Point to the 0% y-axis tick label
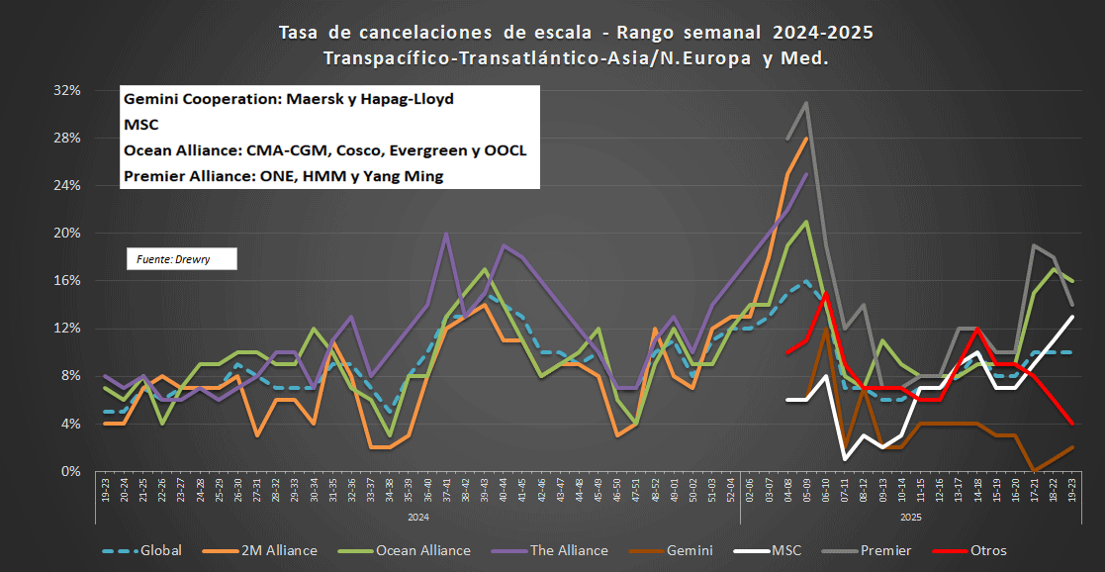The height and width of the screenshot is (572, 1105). pyautogui.click(x=70, y=471)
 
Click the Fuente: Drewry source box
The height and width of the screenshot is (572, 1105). pyautogui.click(x=181, y=259)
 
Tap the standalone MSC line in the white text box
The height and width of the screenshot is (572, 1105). pyautogui.click(x=141, y=126)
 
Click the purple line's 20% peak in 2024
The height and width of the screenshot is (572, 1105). pyautogui.click(x=447, y=235)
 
